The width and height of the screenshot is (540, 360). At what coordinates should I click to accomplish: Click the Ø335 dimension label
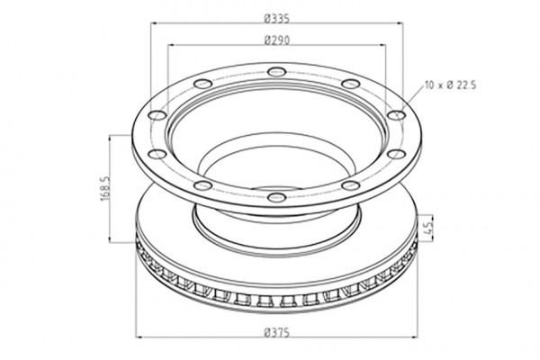tap(277, 18)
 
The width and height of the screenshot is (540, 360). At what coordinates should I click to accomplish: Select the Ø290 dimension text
tap(277, 40)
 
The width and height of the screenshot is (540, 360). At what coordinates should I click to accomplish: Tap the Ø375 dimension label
tap(277, 333)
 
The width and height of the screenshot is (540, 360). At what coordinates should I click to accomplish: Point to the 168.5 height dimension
tap(105, 188)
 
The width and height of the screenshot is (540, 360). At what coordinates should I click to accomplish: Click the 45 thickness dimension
tap(428, 228)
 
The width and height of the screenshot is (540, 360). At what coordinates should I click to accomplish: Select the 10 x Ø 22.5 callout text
tap(451, 85)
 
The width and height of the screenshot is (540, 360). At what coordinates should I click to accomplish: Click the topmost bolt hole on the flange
tap(276, 72)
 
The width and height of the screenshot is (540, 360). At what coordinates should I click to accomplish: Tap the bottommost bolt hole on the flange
tap(276, 197)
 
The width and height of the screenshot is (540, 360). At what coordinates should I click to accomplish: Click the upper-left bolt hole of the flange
tap(202, 84)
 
